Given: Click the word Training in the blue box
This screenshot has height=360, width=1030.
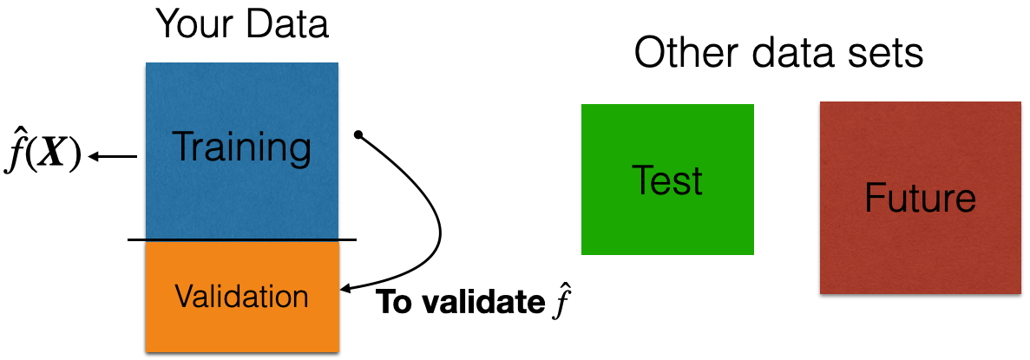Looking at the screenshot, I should [242, 148].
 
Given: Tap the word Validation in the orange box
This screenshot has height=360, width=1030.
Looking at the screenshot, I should [241, 297].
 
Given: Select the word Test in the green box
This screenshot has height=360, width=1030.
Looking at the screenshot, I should [667, 181].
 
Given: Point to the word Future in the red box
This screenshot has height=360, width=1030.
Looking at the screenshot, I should [920, 199].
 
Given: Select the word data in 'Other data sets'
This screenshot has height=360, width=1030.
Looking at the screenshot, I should [797, 55].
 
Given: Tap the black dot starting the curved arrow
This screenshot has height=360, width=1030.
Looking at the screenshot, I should [358, 134].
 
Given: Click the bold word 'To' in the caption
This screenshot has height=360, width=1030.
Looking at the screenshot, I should [391, 302].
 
